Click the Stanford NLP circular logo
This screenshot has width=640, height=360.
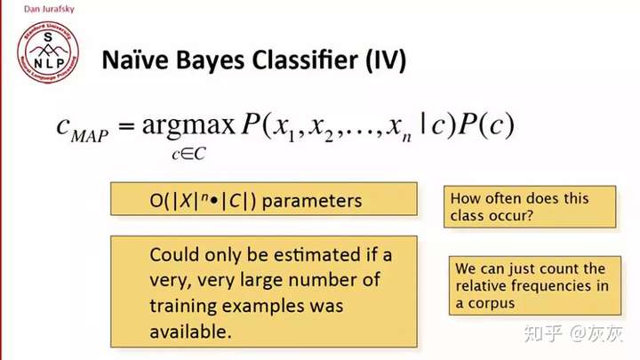tap(48, 52)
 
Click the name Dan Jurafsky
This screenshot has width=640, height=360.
tap(49, 9)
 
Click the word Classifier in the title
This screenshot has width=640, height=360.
tap(305, 60)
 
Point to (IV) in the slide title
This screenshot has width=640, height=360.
tap(386, 60)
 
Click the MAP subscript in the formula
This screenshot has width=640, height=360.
tap(90, 136)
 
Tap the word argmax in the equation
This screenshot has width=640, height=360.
tap(188, 125)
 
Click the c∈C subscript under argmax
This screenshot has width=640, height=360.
tap(188, 155)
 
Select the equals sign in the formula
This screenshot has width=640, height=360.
tap(126, 125)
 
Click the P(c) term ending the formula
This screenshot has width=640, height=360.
tap(486, 124)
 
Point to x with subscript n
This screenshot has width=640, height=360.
tap(399, 128)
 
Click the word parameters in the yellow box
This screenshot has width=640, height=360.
tap(312, 201)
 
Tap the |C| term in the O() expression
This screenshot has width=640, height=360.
tap(235, 200)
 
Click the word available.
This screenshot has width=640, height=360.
tap(190, 332)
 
